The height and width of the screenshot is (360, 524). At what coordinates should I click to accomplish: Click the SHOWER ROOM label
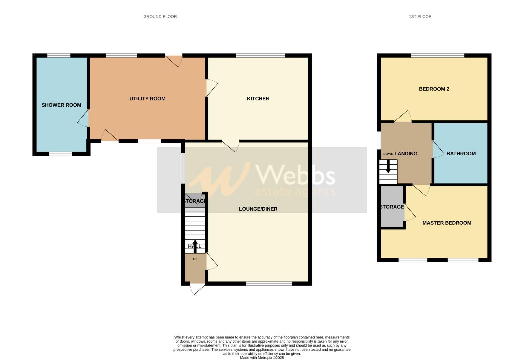click(x=61, y=105)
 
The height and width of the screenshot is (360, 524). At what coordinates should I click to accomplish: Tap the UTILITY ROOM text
click(x=147, y=99)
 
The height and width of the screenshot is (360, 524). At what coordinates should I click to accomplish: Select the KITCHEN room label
click(x=258, y=99)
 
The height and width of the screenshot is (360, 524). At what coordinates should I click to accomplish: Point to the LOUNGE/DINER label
click(x=258, y=209)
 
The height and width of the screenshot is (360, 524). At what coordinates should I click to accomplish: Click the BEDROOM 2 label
click(x=434, y=89)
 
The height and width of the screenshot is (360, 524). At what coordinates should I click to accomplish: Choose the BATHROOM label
click(x=461, y=154)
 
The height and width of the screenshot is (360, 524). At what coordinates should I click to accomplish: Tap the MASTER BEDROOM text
click(x=447, y=223)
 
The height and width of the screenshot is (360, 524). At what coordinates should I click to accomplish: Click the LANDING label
click(x=406, y=154)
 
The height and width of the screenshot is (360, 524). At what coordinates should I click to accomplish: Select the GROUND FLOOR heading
click(x=160, y=16)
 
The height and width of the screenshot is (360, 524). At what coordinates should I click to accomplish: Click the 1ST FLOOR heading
click(x=420, y=16)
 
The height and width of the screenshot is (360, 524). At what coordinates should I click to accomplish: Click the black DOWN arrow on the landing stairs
click(x=388, y=166)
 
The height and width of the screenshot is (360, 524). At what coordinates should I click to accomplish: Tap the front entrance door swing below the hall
click(x=197, y=289)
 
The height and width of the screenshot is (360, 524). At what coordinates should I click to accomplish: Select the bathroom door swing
click(x=438, y=150)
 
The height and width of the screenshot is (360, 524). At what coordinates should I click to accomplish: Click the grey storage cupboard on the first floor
click(x=392, y=207)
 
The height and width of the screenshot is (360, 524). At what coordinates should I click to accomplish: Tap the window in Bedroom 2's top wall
click(x=438, y=55)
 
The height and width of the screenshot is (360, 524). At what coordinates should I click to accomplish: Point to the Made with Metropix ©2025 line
click(x=262, y=358)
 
